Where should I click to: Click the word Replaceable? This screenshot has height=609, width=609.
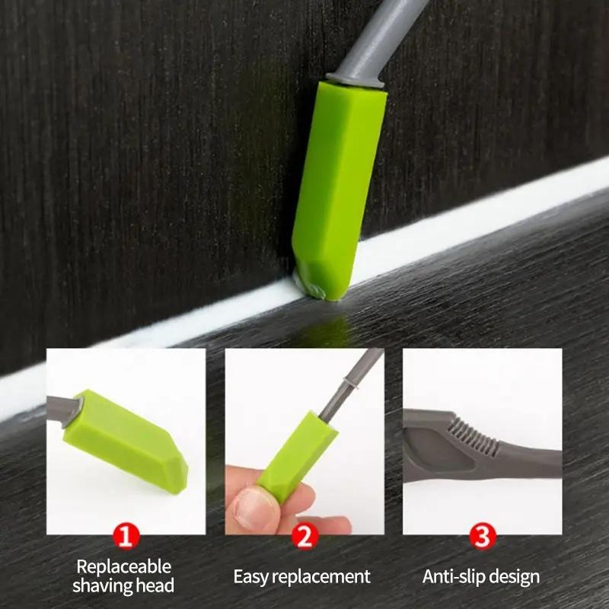click(x=124, y=566)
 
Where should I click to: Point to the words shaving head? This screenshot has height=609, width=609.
click(x=124, y=585)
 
